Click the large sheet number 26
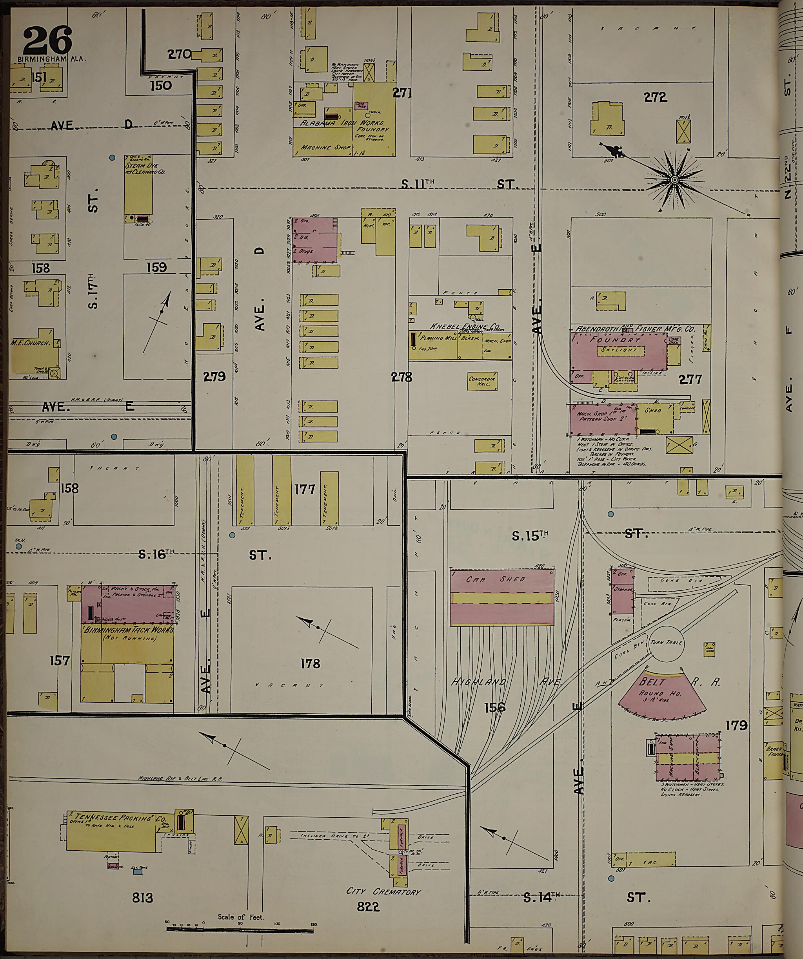47,40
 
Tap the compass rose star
674,181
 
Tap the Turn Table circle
667,643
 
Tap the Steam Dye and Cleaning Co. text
145,168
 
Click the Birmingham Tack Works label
128,630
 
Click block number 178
310,663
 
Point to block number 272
655,97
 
